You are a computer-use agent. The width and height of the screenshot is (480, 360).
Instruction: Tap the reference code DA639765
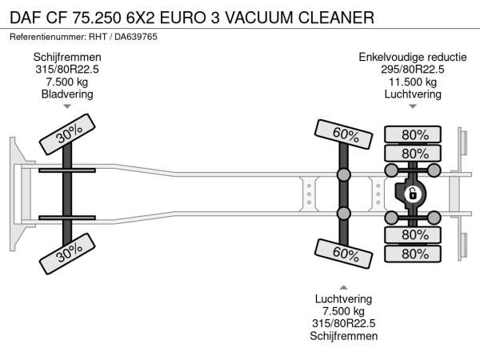136,37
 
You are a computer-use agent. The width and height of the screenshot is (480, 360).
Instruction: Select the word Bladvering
67,94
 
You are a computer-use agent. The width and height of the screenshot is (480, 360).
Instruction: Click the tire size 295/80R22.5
413,70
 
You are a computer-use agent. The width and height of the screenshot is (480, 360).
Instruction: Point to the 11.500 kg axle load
413,82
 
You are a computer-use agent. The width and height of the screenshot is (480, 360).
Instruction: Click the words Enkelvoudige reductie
413,57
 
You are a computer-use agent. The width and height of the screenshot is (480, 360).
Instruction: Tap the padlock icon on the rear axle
412,194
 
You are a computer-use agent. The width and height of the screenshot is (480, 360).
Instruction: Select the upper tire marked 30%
67,134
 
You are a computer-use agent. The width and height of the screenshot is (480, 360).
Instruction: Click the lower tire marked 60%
343,254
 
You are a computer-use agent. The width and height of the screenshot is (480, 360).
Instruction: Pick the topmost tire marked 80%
413,134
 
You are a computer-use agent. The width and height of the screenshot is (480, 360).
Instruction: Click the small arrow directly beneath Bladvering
67,106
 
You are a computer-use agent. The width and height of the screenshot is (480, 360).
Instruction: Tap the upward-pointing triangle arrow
343,287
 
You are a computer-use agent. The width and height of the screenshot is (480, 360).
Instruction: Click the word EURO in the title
182,18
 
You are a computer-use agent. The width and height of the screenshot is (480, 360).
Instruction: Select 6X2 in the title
141,18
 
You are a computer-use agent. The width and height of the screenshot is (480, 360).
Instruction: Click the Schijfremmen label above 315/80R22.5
67,57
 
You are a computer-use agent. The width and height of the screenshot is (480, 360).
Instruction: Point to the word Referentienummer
47,37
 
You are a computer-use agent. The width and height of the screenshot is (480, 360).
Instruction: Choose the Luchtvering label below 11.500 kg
413,94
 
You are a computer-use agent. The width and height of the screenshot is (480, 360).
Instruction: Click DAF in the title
26,18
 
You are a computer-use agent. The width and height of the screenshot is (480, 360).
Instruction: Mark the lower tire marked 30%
67,254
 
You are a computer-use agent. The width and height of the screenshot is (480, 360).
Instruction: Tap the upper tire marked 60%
343,134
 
